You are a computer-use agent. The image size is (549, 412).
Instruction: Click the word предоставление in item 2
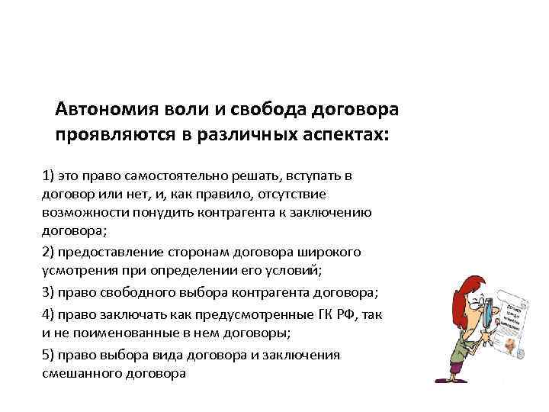112,252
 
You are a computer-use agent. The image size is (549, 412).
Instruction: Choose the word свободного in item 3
140,293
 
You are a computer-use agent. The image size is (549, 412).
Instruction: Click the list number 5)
50,356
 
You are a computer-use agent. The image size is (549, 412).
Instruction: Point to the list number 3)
50,293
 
